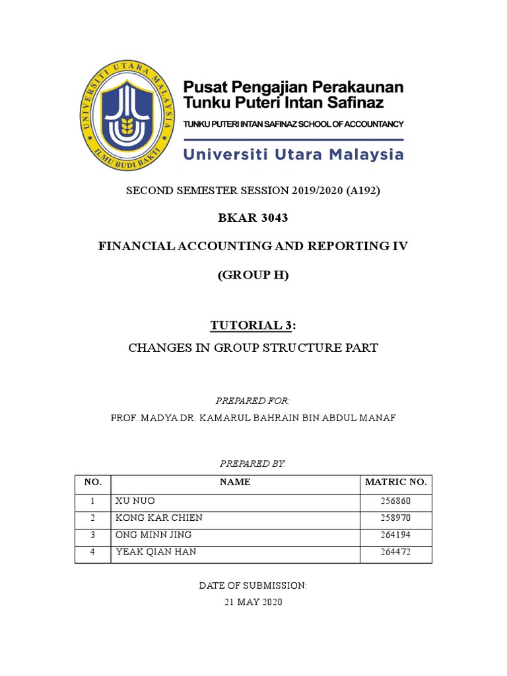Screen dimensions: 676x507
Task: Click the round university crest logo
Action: click(133, 121)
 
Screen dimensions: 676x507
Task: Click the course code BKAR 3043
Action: click(253, 219)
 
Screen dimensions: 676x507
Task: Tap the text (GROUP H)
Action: click(253, 276)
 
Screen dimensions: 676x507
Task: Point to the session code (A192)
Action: click(359, 191)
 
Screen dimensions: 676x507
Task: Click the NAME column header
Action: click(235, 483)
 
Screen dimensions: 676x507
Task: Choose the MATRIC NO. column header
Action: click(396, 483)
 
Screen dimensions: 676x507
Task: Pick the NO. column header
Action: click(93, 483)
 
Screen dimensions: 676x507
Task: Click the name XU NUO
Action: click(135, 502)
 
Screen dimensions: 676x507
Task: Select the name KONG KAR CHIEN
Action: click(159, 518)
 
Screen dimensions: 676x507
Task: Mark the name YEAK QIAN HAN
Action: click(156, 552)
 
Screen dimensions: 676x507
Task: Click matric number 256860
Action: click(396, 502)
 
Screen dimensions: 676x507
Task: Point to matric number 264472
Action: click(396, 552)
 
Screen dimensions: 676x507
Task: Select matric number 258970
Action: click(396, 518)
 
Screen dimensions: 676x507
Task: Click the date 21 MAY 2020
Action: click(253, 602)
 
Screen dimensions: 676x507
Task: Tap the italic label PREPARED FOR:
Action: click(253, 401)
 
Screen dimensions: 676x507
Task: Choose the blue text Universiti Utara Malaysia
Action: click(293, 154)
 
